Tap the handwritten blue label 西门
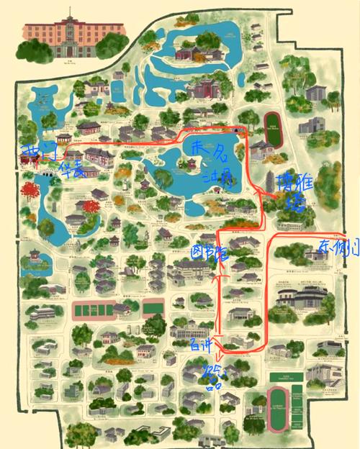click(x=34, y=152)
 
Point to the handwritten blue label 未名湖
click(x=209, y=161)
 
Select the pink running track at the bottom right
click(x=278, y=409)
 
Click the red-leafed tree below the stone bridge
click(x=30, y=191)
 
